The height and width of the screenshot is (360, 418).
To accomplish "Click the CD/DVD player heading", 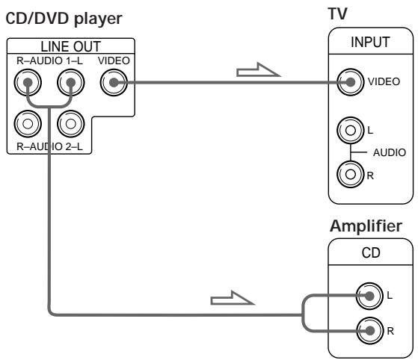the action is pos(64,19).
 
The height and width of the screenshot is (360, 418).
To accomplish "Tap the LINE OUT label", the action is pos(70,46).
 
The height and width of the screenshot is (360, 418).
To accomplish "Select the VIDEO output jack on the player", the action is pos(114,83).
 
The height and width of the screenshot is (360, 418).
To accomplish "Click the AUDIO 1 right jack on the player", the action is pos(28,83).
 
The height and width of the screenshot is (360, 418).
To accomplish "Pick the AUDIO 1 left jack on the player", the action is pos(70,83).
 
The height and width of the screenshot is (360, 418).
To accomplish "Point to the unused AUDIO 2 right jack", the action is pos(28,124).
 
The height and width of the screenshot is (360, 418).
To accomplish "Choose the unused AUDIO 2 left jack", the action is pos(70,124).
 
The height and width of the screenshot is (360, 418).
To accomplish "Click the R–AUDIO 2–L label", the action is pos(49,146).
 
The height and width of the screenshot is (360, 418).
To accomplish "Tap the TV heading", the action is pos(337,13).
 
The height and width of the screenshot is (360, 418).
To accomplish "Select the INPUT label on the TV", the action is pos(370,42).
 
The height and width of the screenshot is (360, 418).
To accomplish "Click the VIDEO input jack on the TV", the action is pos(350,82).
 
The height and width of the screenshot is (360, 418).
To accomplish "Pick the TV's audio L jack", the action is pos(350,130).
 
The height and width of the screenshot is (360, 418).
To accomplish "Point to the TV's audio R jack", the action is pos(350,175).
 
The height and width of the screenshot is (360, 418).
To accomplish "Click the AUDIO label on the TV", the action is pos(390,152).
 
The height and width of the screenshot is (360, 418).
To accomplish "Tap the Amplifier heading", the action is pos(366,226).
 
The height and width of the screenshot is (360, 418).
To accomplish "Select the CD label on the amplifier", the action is pos(371,252).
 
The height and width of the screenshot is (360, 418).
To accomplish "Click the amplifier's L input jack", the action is pos(369,296).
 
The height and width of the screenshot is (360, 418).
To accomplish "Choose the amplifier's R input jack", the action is pos(369,331).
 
